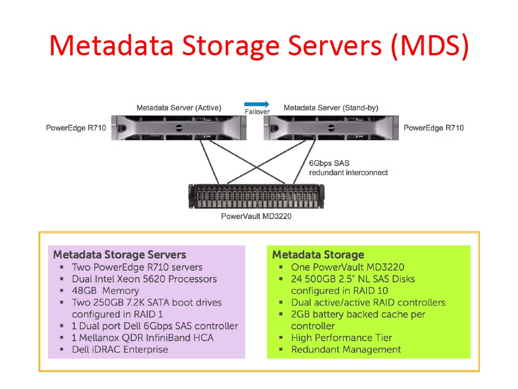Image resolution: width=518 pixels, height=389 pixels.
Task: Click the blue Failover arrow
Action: tap(256, 104)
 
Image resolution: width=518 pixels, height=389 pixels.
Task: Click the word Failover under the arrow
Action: tap(257, 112)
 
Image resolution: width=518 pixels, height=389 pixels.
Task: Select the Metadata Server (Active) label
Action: tap(178, 108)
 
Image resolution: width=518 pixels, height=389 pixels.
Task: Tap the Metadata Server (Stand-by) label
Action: tap(331, 108)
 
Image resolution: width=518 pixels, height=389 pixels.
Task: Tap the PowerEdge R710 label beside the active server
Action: tap(76, 128)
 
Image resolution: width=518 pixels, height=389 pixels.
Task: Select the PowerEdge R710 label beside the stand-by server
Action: tap(433, 128)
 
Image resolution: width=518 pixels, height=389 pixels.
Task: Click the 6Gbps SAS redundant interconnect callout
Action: tap(348, 168)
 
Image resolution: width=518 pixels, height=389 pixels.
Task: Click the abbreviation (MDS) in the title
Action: tap(429, 46)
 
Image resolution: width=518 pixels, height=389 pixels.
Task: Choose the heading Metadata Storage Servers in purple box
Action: tap(120, 255)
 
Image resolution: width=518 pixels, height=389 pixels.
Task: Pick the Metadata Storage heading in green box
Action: tap(318, 255)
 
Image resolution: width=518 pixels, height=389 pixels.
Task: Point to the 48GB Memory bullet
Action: tap(105, 291)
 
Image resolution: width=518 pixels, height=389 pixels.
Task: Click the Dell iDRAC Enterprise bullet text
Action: tap(120, 349)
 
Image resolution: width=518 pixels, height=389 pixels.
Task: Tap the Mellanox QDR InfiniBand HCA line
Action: tap(142, 338)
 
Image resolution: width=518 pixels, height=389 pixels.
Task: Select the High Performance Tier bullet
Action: tap(341, 338)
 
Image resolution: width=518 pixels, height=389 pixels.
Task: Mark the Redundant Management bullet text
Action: tap(346, 349)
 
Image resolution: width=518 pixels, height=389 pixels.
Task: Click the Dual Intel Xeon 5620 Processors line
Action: tap(144, 279)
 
